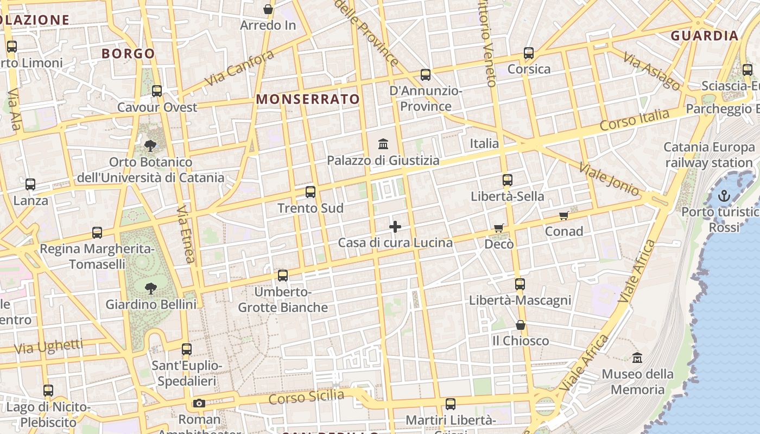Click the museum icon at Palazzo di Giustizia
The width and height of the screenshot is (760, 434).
tap(383, 144)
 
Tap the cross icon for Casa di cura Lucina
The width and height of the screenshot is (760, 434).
tap(395, 226)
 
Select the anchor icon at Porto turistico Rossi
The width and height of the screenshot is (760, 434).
tap(724, 196)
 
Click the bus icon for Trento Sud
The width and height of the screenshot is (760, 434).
tap(311, 192)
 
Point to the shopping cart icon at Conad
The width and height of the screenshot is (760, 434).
tap(564, 216)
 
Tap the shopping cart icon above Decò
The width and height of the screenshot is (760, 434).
tap(499, 228)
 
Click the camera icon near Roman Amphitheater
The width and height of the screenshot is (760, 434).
tap(199, 403)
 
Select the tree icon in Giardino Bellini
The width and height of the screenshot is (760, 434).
tap(151, 288)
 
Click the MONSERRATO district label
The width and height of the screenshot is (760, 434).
tap(308, 99)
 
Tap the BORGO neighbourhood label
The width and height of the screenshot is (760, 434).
tap(128, 54)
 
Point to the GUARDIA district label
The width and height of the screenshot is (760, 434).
tap(705, 36)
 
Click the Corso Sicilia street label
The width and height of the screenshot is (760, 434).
tap(307, 397)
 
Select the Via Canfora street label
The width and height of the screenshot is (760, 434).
tap(239, 69)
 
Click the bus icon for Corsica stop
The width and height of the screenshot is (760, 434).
tap(529, 53)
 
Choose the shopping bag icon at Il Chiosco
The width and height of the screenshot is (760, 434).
tap(521, 325)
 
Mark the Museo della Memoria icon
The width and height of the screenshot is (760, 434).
tap(637, 358)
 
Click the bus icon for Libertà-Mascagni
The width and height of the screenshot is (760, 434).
tap(520, 284)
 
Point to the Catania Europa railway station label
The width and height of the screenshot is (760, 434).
tap(709, 155)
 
